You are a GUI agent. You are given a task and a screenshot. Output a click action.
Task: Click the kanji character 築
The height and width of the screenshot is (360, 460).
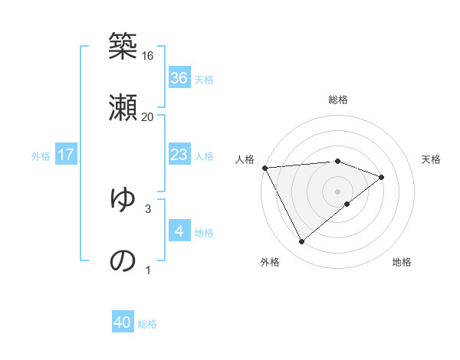(x=123, y=46)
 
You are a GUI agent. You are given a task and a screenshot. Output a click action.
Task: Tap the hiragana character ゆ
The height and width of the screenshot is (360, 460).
(x=123, y=199)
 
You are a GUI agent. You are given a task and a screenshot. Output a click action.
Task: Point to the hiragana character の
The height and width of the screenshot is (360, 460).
(x=123, y=260)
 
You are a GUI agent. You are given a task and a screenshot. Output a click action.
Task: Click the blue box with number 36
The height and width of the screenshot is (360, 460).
(x=179, y=78)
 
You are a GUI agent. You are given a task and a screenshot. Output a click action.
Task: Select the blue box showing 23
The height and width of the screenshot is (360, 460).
(x=179, y=155)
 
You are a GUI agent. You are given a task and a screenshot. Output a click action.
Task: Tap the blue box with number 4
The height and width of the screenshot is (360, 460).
(x=179, y=231)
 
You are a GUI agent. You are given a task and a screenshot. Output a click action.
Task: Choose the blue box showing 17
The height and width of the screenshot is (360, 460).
(x=65, y=155)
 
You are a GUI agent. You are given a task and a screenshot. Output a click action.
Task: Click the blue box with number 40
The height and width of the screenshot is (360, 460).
(x=123, y=323)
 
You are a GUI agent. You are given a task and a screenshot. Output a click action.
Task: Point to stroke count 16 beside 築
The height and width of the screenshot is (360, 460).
(x=148, y=56)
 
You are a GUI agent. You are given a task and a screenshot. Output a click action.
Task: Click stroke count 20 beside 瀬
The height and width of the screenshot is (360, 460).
(x=148, y=117)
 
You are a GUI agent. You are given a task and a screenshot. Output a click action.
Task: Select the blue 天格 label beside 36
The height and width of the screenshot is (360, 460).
(x=204, y=80)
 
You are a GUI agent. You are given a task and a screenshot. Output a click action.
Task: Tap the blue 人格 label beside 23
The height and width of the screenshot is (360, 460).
(x=204, y=156)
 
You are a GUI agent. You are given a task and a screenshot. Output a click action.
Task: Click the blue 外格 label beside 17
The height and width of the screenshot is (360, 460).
(x=41, y=156)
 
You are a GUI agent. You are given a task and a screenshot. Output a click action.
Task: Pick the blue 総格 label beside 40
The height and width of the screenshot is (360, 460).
(x=147, y=324)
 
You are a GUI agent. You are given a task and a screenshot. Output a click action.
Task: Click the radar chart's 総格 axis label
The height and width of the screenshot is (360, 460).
(x=338, y=100)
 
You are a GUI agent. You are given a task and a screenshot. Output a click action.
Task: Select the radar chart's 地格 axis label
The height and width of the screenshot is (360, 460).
(x=402, y=263)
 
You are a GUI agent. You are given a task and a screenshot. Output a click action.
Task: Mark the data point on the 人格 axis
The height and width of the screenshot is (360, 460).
(x=264, y=168)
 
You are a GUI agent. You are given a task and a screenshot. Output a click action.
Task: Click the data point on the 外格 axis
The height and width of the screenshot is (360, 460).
(x=301, y=242)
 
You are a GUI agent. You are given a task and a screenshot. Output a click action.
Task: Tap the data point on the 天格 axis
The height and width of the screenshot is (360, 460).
(x=381, y=177)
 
